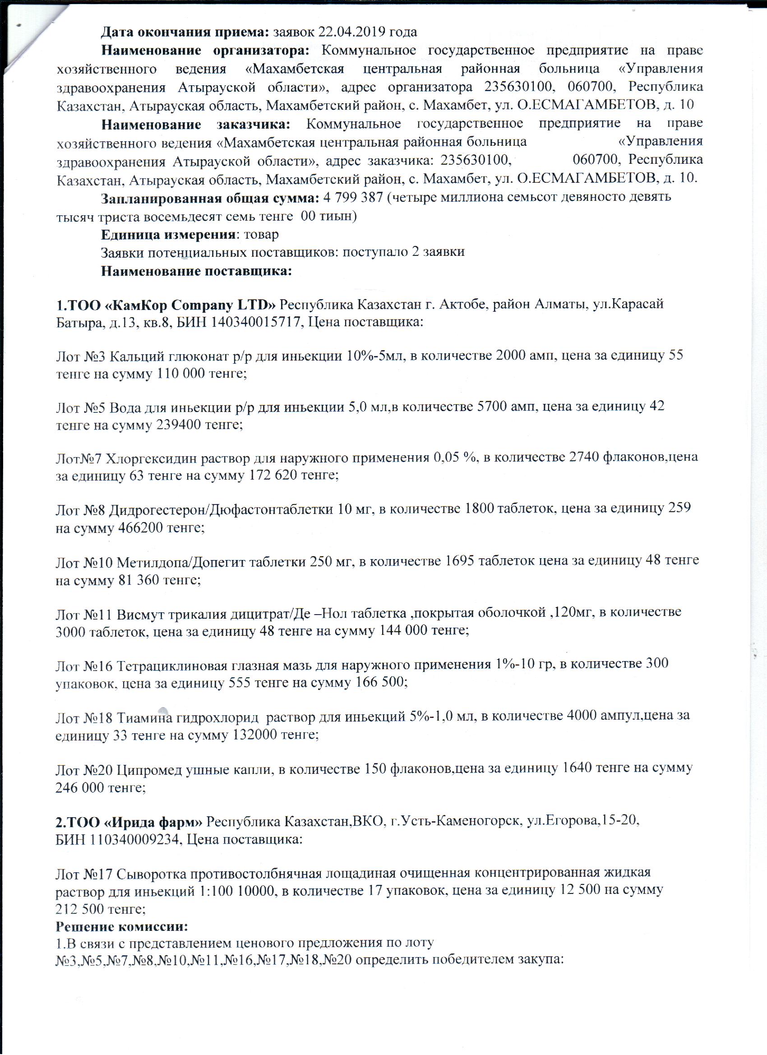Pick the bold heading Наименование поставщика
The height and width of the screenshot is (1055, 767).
click(x=196, y=271)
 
